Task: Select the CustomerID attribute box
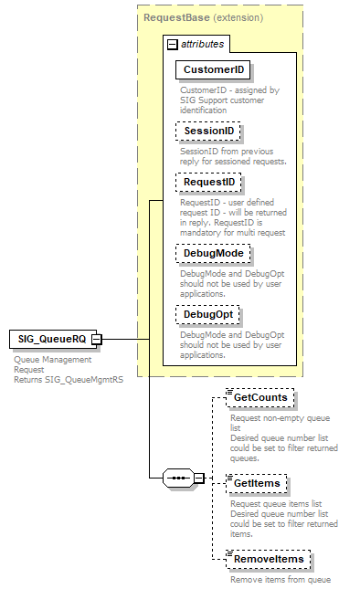[x=214, y=69]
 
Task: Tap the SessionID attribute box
[x=208, y=131]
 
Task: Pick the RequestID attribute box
[x=208, y=183]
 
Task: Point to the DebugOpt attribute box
[x=209, y=315]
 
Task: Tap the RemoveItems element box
[x=269, y=559]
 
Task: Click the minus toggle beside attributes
[x=172, y=44]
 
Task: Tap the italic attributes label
[x=201, y=44]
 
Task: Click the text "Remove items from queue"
[x=280, y=580]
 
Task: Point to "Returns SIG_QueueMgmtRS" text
[x=69, y=379]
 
